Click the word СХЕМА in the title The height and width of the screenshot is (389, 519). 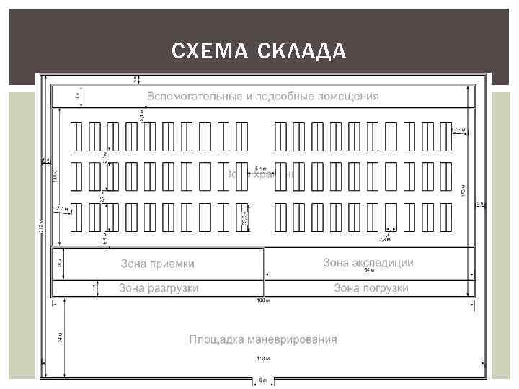click(x=203, y=52)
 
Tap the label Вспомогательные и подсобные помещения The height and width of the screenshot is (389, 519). click(x=263, y=96)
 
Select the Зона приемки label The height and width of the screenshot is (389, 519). click(x=157, y=264)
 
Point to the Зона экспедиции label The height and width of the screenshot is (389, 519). click(x=368, y=262)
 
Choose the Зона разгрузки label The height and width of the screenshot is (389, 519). click(x=159, y=288)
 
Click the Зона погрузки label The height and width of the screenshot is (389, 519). click(x=371, y=288)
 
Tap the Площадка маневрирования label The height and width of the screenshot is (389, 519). click(x=263, y=339)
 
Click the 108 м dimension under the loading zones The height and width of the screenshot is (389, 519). click(x=262, y=299)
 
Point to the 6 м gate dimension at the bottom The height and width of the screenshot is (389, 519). click(x=263, y=380)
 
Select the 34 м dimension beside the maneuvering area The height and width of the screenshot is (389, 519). click(x=59, y=336)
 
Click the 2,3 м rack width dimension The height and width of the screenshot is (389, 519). click(x=384, y=238)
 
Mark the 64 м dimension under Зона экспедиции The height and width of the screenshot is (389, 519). click(x=369, y=271)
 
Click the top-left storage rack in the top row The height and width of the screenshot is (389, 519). click(x=76, y=136)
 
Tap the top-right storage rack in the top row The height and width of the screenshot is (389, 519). click(x=446, y=136)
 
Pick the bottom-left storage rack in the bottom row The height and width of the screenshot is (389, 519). click(x=76, y=218)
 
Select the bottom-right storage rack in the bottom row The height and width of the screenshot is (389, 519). click(x=446, y=218)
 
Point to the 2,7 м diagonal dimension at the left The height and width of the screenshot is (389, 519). click(x=62, y=209)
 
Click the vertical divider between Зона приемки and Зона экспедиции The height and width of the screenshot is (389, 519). click(x=264, y=264)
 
